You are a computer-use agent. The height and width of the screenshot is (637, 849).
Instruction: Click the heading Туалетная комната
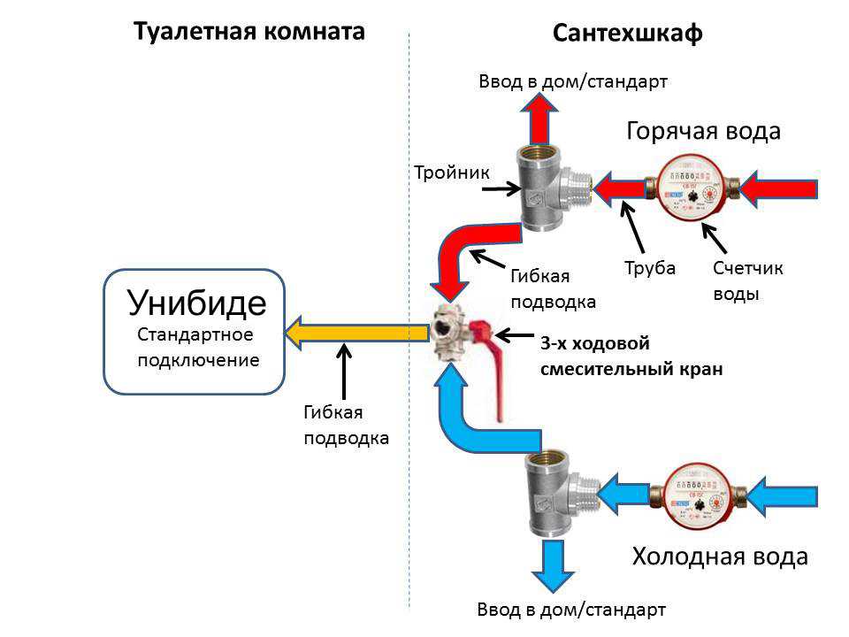click(249, 31)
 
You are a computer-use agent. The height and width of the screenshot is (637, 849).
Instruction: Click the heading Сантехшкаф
click(628, 33)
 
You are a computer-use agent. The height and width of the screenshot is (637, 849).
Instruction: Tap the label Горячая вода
click(703, 131)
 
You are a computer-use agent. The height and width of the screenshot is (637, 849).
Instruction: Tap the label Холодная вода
click(720, 556)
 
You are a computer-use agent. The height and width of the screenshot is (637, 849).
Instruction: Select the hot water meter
click(692, 188)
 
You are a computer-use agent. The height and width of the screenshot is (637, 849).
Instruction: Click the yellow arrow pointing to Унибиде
click(356, 333)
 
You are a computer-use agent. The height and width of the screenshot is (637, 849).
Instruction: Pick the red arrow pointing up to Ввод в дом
click(539, 119)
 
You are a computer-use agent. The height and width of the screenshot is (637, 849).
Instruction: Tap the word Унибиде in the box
click(196, 303)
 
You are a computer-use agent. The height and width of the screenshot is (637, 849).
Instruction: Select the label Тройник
click(452, 173)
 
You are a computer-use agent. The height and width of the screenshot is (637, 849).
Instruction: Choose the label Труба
click(650, 268)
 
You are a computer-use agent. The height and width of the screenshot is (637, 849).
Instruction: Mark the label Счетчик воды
click(748, 280)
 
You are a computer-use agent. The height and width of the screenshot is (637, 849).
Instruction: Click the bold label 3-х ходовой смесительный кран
click(631, 356)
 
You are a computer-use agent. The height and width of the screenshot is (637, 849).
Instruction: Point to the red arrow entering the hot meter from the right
click(778, 188)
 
